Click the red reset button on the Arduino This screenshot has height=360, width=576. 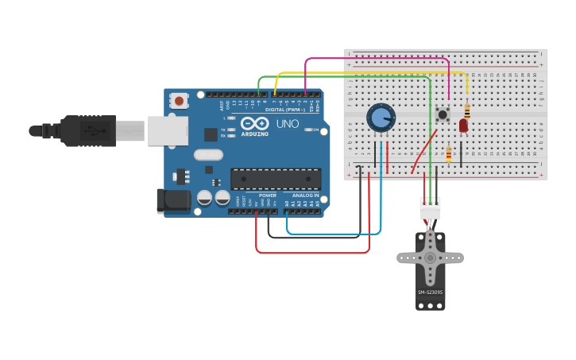pyautogui.click(x=180, y=101)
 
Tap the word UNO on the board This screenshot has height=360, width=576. pyautogui.click(x=287, y=124)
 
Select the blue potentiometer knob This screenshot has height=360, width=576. pyautogui.click(x=381, y=118)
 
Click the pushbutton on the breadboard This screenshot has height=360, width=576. pyautogui.click(x=443, y=114)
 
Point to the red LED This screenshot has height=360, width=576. pyautogui.click(x=463, y=125)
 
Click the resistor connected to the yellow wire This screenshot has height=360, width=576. pyautogui.click(x=467, y=110)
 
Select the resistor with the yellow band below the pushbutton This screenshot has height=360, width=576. pyautogui.click(x=449, y=154)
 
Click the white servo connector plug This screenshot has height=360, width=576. pyautogui.click(x=430, y=210)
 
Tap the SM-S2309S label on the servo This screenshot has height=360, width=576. pyautogui.click(x=430, y=292)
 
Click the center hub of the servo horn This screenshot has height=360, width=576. pyautogui.click(x=430, y=257)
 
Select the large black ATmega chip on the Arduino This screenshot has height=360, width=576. pyautogui.click(x=276, y=179)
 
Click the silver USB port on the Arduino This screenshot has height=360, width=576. pyautogui.click(x=168, y=130)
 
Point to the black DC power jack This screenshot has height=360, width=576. pyautogui.click(x=173, y=201)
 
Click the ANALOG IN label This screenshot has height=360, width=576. pyautogui.click(x=305, y=195)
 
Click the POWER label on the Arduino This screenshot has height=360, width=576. pyautogui.click(x=268, y=195)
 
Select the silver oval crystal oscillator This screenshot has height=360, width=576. pyautogui.click(x=208, y=155)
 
